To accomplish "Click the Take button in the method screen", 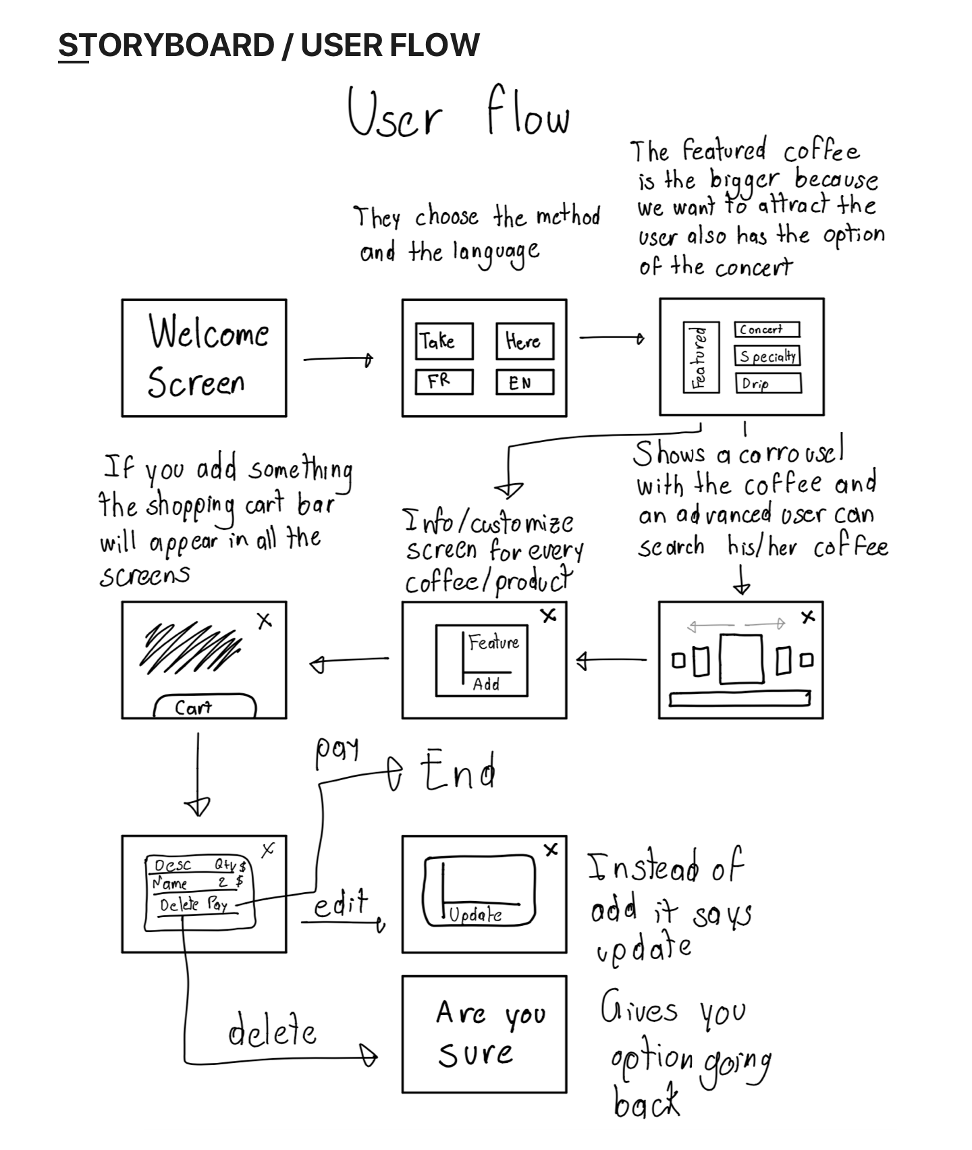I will pyautogui.click(x=443, y=341).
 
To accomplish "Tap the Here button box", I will pyautogui.click(x=524, y=341).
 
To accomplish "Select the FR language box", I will pyautogui.click(x=443, y=381).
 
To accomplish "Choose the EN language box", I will pyautogui.click(x=524, y=382).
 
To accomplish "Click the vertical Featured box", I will pyautogui.click(x=699, y=358).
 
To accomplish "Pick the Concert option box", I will pyautogui.click(x=767, y=329).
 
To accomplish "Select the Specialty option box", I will pyautogui.click(x=767, y=356).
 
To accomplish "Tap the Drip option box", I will pyautogui.click(x=767, y=383).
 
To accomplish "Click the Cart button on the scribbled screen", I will pyautogui.click(x=205, y=707).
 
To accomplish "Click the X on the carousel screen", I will pyautogui.click(x=807, y=616).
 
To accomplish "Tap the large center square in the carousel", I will pyautogui.click(x=741, y=659).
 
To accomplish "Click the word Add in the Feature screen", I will pyautogui.click(x=486, y=684).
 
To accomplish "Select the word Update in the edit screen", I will pyautogui.click(x=476, y=914).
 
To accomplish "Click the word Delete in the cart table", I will pyautogui.click(x=180, y=904).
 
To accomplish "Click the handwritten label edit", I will pyautogui.click(x=342, y=903).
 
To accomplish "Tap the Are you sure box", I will pyautogui.click(x=484, y=1034).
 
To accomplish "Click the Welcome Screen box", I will pyautogui.click(x=204, y=358).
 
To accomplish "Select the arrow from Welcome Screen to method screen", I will pyautogui.click(x=337, y=360).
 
